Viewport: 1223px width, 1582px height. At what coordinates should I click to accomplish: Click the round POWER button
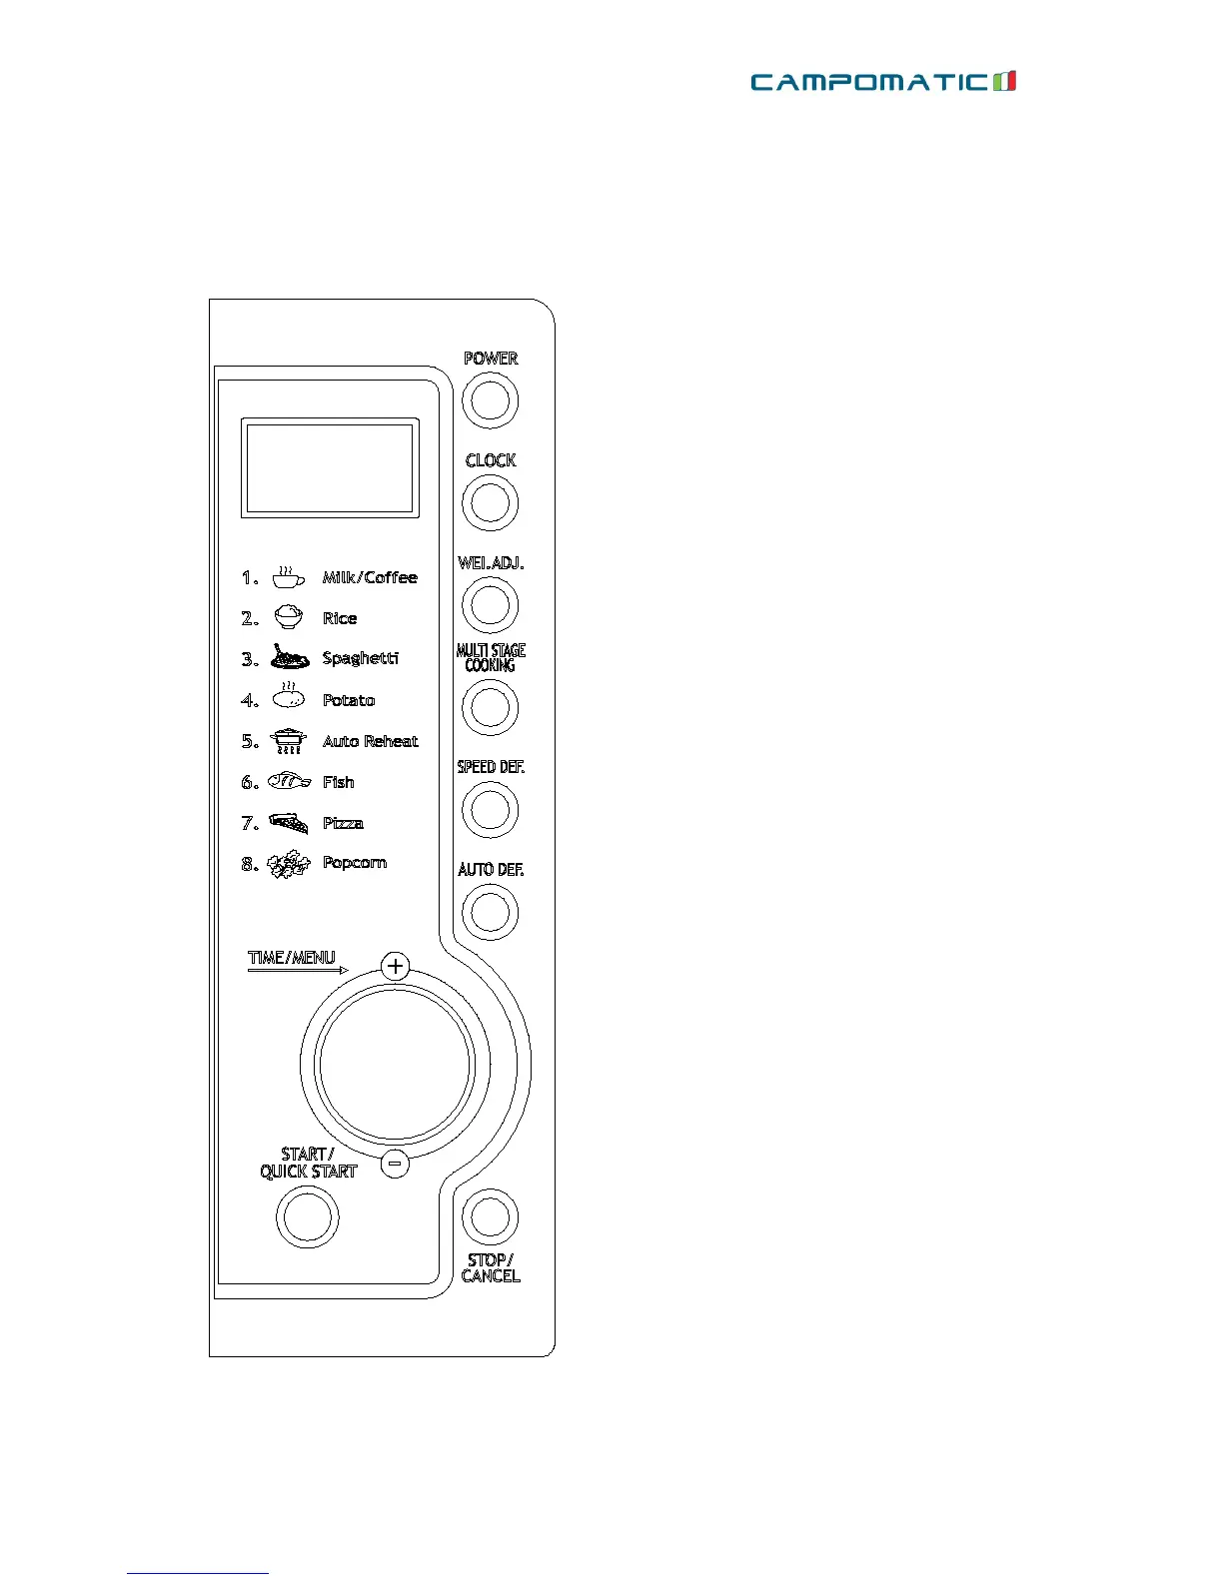pos(490,400)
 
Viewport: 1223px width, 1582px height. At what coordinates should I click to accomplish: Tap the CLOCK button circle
pos(490,502)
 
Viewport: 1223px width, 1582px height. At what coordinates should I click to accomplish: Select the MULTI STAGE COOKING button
pos(490,707)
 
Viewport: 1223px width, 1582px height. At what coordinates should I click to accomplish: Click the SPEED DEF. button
pos(490,809)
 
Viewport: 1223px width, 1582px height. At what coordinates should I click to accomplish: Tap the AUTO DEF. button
pos(490,912)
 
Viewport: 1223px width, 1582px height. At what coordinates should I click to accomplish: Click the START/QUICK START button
pos(308,1217)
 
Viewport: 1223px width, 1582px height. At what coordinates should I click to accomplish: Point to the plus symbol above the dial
pos(396,966)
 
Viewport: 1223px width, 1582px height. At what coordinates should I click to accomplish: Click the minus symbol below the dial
pos(396,1163)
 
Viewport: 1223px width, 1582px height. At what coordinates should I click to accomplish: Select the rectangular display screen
pos(330,467)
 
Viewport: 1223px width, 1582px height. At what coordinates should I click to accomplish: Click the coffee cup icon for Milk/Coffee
pos(288,576)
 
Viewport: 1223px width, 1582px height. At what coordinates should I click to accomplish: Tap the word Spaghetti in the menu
pos(361,658)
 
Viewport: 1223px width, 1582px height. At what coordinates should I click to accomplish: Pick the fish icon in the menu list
pos(289,781)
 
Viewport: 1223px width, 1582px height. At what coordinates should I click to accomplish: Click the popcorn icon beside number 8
pos(289,864)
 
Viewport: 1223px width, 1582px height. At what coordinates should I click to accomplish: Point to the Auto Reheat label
pos(370,741)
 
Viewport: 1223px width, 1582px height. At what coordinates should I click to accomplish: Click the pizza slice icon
pos(289,823)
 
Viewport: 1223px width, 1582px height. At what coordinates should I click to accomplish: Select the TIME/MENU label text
pos(292,957)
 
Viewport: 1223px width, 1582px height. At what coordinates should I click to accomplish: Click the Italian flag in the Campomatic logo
pos(1005,82)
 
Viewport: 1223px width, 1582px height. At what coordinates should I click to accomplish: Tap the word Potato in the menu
pos(349,700)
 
